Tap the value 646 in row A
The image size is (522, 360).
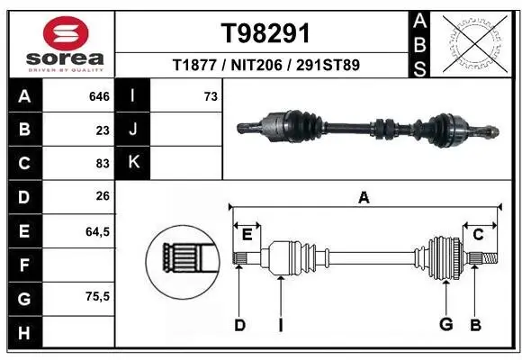pyautogui.click(x=96, y=95)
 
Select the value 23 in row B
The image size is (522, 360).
pyautogui.click(x=102, y=130)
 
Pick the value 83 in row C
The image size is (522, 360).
pyautogui.click(x=102, y=164)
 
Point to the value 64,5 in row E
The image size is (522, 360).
pyautogui.click(x=96, y=231)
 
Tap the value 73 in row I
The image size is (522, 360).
pyautogui.click(x=211, y=95)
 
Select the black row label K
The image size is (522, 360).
pyautogui.click(x=133, y=163)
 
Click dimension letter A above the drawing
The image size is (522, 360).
pyautogui.click(x=364, y=198)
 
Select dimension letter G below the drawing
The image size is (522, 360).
pyautogui.click(x=445, y=324)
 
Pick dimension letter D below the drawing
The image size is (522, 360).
pyautogui.click(x=240, y=325)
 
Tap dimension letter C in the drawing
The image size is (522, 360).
pyautogui.click(x=479, y=235)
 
